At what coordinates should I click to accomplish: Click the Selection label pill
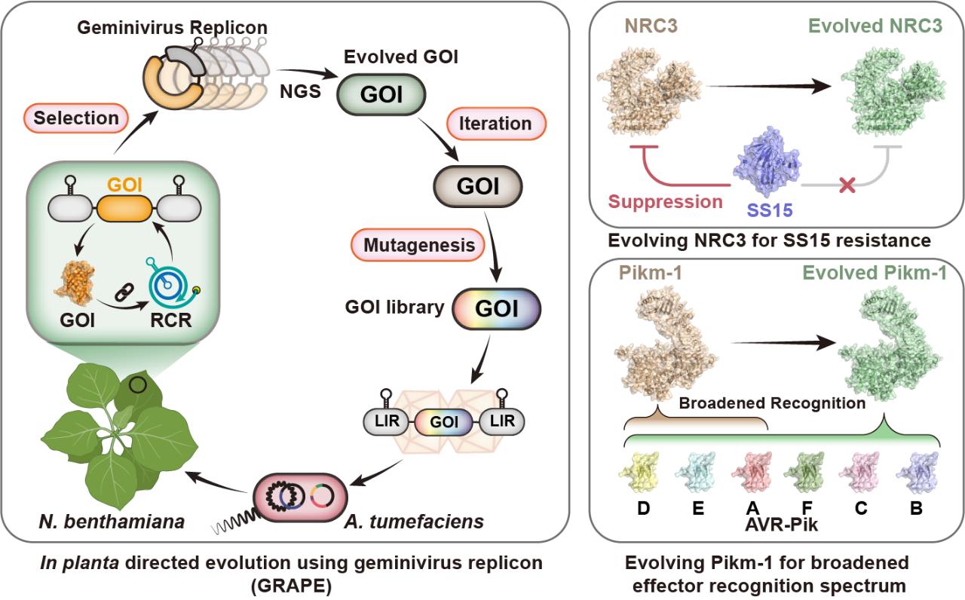coord(76,118)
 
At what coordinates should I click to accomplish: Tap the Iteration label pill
coord(495,123)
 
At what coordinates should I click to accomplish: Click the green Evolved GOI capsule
coord(381,93)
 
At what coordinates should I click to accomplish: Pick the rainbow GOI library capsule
coord(496,309)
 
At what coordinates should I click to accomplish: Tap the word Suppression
coord(665,202)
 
